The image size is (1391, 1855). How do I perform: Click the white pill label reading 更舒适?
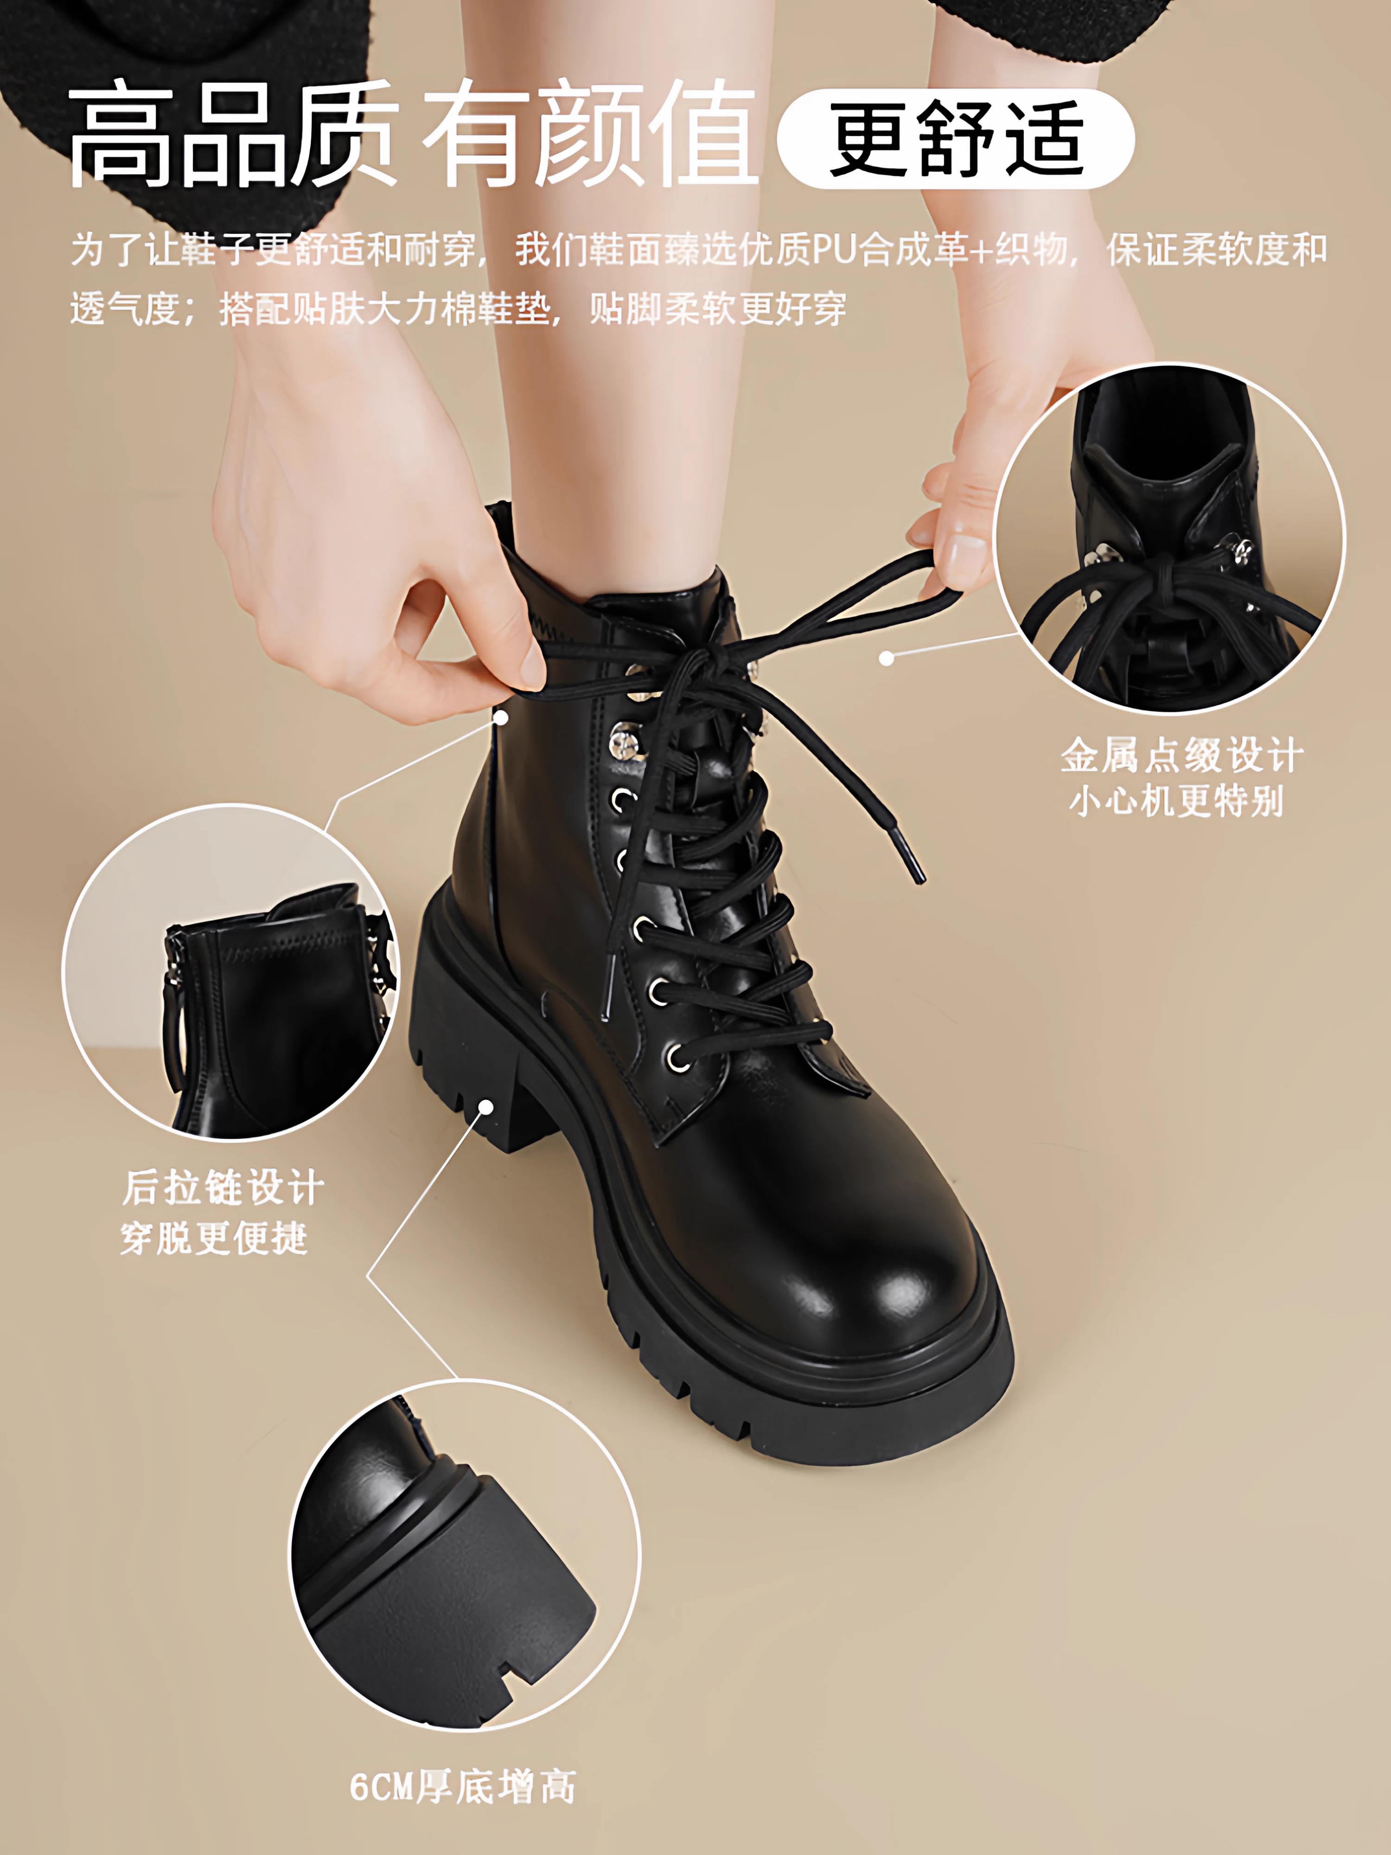point(956,138)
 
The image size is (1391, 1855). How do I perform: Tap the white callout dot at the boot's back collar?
point(501,717)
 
